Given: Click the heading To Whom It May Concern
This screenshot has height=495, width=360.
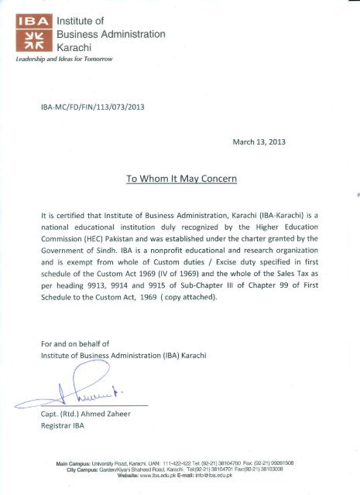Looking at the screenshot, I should tap(180, 179).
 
